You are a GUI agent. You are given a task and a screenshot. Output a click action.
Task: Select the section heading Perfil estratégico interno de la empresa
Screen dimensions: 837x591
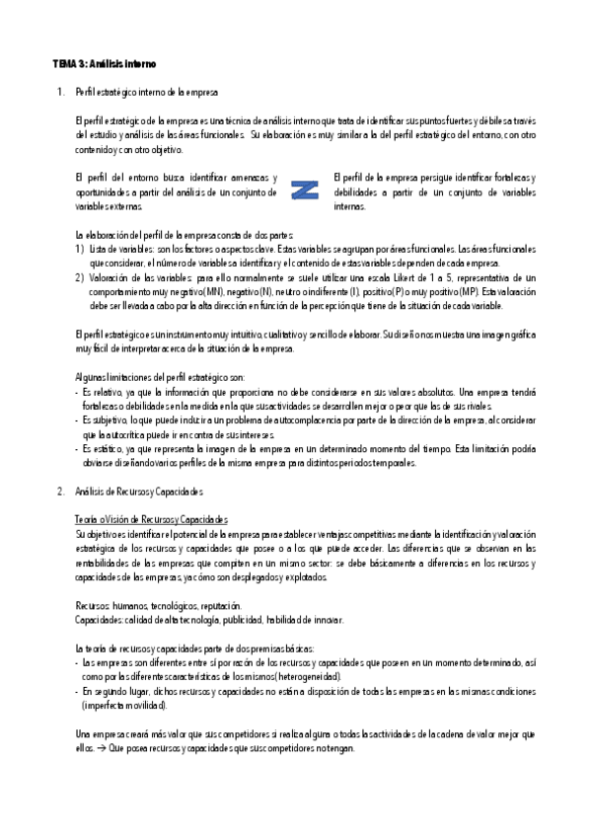pyautogui.click(x=146, y=92)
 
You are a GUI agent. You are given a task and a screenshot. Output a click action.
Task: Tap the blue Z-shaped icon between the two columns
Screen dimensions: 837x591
pyautogui.click(x=306, y=190)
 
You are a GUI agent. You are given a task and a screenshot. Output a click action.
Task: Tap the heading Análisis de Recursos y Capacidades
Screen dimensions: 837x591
pyautogui.click(x=138, y=491)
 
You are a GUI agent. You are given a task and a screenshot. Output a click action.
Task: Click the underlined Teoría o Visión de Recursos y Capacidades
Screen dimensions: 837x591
pyautogui.click(x=150, y=519)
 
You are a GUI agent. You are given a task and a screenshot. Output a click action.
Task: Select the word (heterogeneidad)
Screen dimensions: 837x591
pyautogui.click(x=304, y=677)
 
